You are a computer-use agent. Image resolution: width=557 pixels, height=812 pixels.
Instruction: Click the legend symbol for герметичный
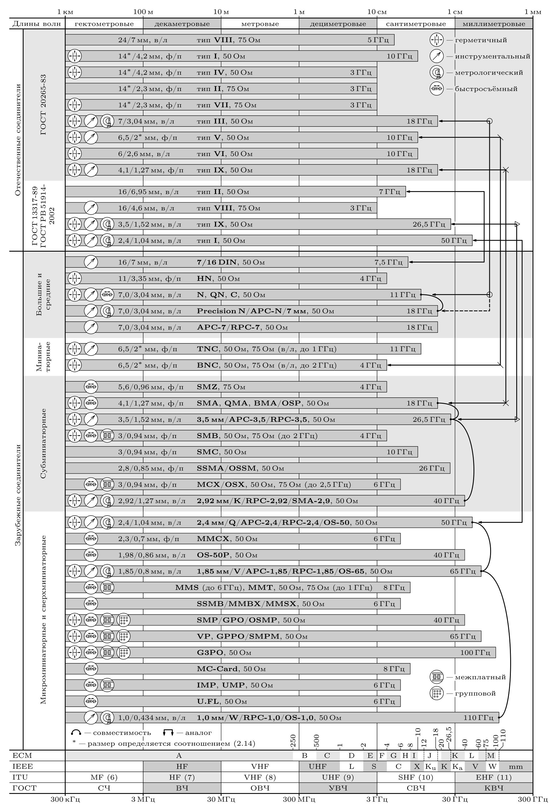436,40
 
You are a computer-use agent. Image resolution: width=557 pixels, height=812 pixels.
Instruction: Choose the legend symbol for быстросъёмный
436,88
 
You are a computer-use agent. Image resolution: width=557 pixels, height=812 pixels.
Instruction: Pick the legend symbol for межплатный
436,677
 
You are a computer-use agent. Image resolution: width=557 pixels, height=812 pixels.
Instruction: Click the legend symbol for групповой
436,693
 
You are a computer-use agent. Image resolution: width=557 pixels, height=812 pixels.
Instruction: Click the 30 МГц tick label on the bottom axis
221,806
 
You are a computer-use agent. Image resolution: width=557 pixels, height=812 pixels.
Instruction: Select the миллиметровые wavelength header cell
494,24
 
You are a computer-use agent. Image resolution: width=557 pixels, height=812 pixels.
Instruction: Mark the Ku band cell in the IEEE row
430,767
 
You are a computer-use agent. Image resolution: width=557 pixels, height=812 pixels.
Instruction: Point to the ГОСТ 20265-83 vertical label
43,105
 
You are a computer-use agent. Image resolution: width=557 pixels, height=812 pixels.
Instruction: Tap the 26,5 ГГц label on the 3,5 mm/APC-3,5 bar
429,419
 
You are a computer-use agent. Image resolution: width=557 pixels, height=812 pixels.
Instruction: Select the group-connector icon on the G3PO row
123,652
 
